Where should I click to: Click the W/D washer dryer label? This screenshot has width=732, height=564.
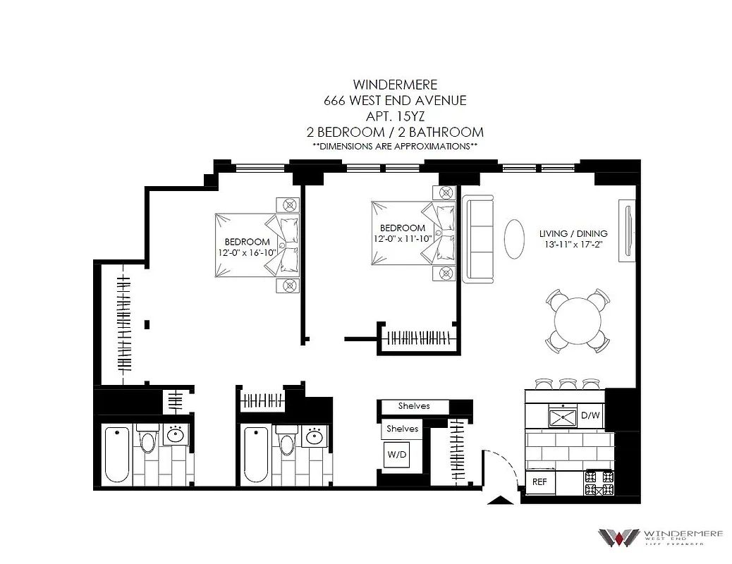point(396,455)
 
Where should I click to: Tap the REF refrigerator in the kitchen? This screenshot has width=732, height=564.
point(539,483)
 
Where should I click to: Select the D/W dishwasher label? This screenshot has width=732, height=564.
point(590,415)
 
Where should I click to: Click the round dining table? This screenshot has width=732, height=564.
point(578,321)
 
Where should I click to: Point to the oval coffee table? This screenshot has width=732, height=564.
point(513,240)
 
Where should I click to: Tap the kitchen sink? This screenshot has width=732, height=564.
point(563,417)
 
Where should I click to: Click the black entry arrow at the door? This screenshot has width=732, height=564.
point(501,501)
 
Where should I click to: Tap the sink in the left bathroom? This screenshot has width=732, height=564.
point(176,436)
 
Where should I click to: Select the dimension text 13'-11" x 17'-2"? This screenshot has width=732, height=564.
point(573,245)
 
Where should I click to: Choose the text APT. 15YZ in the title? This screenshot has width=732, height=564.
point(394,116)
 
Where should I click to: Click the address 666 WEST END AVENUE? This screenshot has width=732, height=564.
point(394,101)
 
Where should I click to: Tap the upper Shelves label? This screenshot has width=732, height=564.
point(413,406)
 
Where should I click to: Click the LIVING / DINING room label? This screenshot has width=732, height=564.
point(573,233)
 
